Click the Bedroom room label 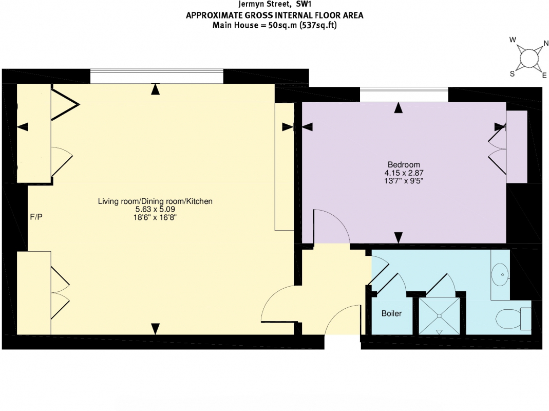click(x=404, y=164)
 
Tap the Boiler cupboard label click(x=391, y=313)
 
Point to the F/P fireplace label click(x=36, y=217)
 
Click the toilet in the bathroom click(x=513, y=319)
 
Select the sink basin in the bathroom click(x=500, y=274)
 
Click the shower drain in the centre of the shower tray click(x=439, y=316)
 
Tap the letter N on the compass click(x=545, y=44)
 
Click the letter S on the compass click(x=512, y=73)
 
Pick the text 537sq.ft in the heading click(x=318, y=25)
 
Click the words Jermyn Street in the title click(x=264, y=4)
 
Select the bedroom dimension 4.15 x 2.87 click(x=404, y=173)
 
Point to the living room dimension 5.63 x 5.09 click(x=155, y=209)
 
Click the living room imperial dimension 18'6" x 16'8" click(x=155, y=217)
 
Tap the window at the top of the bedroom click(x=404, y=95)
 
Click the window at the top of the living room click(x=157, y=77)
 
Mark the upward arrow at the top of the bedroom click(x=398, y=107)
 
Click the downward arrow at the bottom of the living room click(x=155, y=329)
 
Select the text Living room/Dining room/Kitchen click(x=155, y=201)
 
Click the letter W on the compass click(x=513, y=40)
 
